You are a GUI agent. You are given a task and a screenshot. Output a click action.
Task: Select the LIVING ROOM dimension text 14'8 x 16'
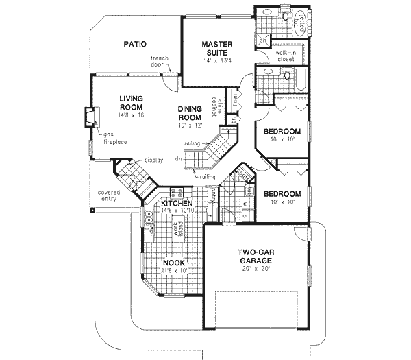[129, 116]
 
